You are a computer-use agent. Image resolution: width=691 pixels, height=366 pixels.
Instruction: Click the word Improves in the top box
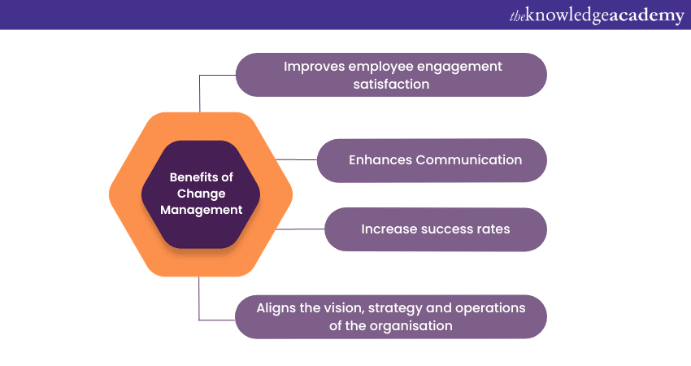tap(314, 67)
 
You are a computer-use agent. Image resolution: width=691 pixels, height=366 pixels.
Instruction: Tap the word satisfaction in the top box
tap(391, 85)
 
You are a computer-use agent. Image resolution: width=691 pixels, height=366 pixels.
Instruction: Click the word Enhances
tap(380, 159)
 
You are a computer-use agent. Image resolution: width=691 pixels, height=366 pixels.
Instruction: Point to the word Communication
tap(469, 159)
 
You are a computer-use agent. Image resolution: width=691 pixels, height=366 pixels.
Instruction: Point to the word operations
tap(490, 309)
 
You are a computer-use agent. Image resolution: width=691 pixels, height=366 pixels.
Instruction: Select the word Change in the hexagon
tap(202, 194)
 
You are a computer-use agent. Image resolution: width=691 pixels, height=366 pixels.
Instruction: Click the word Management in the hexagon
tap(202, 210)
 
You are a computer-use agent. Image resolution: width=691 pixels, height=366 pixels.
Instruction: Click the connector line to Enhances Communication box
tap(296, 159)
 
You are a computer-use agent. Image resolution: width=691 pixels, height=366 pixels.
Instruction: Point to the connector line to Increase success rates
tap(300, 229)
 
